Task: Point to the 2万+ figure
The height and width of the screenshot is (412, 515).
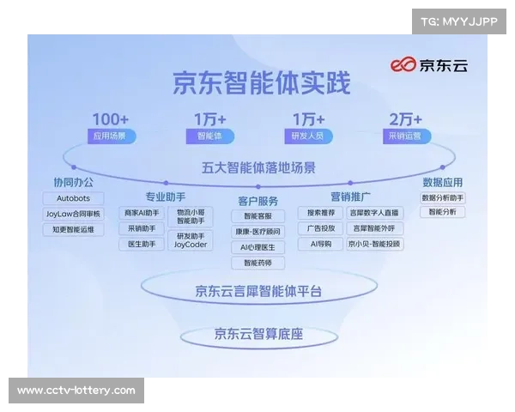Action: [x=407, y=119]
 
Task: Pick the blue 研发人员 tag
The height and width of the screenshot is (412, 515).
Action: [x=306, y=136]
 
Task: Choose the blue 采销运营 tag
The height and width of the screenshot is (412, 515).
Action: [x=406, y=136]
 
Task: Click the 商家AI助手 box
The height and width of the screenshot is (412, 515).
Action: [x=142, y=213]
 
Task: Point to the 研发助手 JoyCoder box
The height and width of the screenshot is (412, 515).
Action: [x=190, y=239]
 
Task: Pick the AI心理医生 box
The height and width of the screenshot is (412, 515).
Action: [x=257, y=247]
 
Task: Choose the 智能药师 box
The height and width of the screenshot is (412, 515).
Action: [x=257, y=263]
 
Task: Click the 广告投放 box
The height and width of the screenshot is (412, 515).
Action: [x=320, y=228]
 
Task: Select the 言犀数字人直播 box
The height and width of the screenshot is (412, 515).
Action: [x=374, y=213]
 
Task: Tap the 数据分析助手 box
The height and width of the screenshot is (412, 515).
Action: [x=443, y=198]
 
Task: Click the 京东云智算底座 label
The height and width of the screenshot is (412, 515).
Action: [x=258, y=334]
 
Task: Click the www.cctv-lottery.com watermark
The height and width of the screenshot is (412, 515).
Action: [x=76, y=391]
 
